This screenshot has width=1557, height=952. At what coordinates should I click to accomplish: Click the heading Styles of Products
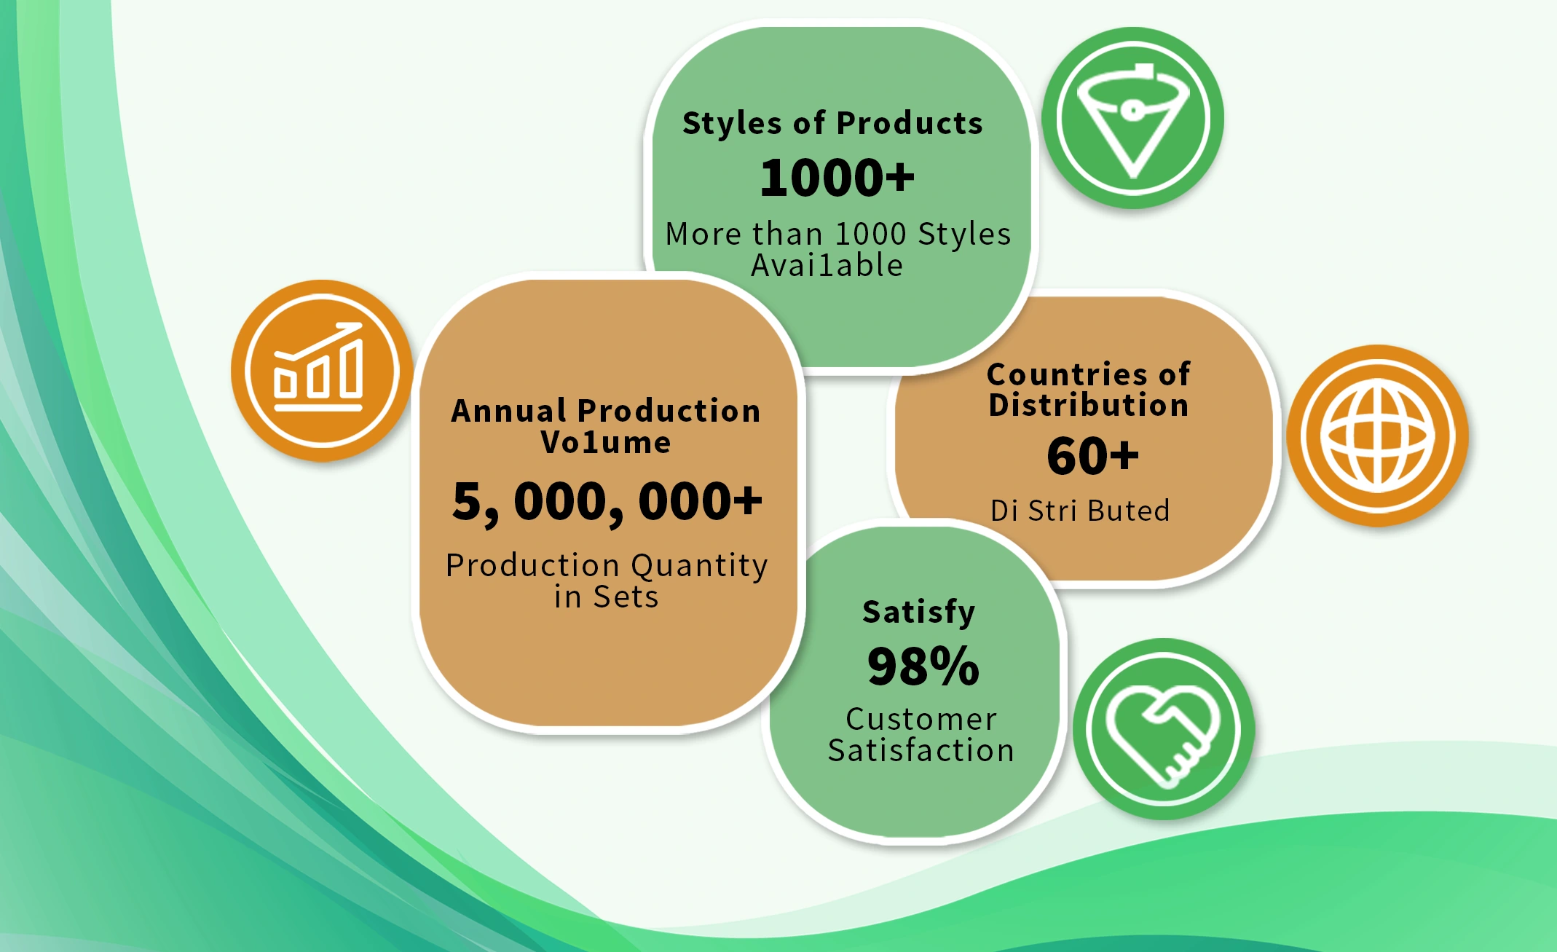point(832,124)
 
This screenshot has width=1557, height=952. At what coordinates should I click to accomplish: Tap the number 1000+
point(837,178)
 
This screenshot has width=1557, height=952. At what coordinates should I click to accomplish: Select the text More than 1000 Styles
point(838,234)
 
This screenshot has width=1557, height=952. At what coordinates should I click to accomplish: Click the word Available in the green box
point(827,265)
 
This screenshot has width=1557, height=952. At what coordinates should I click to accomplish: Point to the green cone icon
point(1132,118)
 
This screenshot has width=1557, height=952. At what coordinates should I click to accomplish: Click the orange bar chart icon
point(322,371)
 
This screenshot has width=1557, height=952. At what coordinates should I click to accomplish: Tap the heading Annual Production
point(606,411)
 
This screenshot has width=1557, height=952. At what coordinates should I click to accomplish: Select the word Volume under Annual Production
point(606,442)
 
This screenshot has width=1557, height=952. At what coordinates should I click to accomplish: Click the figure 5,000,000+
point(607,502)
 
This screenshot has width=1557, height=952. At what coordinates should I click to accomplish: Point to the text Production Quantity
point(607,566)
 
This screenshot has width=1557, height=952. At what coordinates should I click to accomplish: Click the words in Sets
point(606,597)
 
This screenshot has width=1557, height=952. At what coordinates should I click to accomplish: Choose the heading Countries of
point(1089,374)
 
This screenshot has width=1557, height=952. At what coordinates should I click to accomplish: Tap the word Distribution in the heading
point(1089,405)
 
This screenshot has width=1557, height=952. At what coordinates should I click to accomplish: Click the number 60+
point(1092,456)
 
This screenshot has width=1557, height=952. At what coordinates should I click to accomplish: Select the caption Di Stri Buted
point(1080,511)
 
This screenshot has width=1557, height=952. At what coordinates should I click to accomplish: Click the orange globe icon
point(1377,436)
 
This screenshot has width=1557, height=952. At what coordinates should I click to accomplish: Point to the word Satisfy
point(919,613)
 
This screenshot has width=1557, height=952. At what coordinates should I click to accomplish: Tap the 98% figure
point(923,666)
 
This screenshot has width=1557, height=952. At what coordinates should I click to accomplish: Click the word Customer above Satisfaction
point(921,719)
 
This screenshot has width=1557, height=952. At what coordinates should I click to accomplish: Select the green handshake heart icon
point(1164,729)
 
